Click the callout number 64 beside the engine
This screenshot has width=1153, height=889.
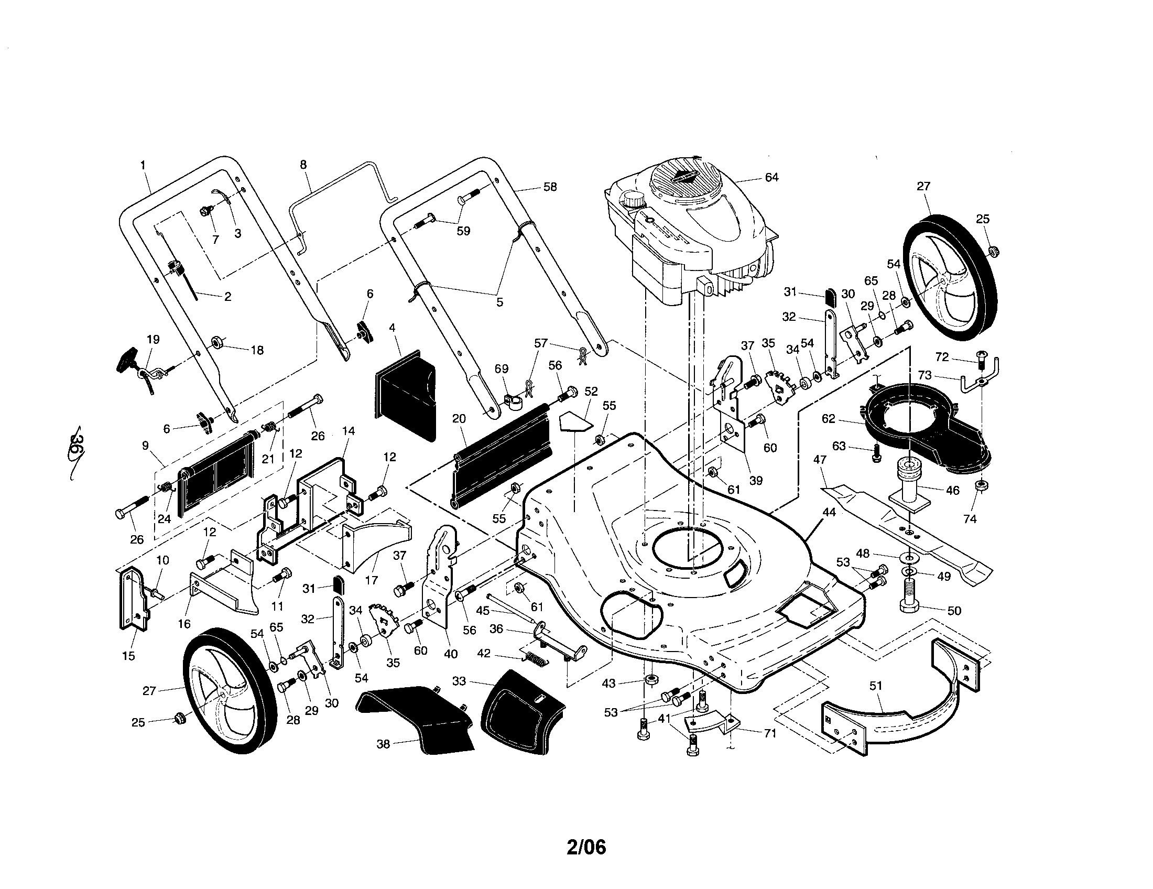pyautogui.click(x=771, y=177)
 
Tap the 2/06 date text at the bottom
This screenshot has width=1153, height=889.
pyautogui.click(x=586, y=847)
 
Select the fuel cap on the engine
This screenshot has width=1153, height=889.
pyautogui.click(x=633, y=200)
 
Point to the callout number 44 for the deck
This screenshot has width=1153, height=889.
pyautogui.click(x=829, y=512)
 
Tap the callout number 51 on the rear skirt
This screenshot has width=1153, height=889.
pyautogui.click(x=875, y=686)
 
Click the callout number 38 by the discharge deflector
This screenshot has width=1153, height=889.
pyautogui.click(x=383, y=744)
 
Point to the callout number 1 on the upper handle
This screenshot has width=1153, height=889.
pyautogui.click(x=143, y=165)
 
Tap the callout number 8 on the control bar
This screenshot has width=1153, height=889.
pyautogui.click(x=303, y=165)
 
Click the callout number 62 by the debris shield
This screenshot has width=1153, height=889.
pyautogui.click(x=828, y=419)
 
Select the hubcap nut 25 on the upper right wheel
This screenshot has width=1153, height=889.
pyautogui.click(x=991, y=251)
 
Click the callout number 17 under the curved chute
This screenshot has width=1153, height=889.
pyautogui.click(x=371, y=580)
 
